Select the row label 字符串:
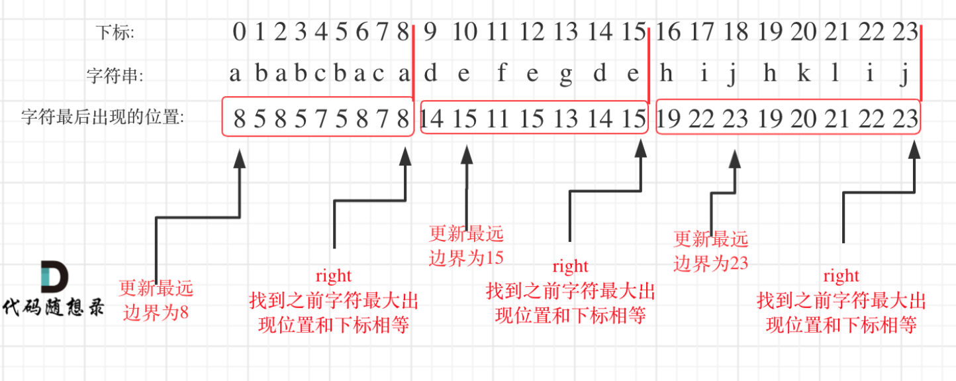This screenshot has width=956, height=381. pyautogui.click(x=115, y=75)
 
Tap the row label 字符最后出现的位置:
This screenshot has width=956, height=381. pyautogui.click(x=103, y=118)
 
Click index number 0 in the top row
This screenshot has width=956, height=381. pyautogui.click(x=239, y=32)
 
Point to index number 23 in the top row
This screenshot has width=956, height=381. pyautogui.click(x=905, y=32)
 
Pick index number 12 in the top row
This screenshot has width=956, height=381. pyautogui.click(x=532, y=32)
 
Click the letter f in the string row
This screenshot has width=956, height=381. pyautogui.click(x=502, y=74)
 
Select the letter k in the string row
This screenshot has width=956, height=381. pyautogui.click(x=803, y=74)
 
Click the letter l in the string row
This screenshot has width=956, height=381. pyautogui.click(x=836, y=74)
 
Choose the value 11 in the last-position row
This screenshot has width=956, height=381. pyautogui.click(x=499, y=119)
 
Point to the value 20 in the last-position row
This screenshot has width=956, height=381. pyautogui.click(x=804, y=119)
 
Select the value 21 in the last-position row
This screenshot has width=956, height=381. pyautogui.click(x=837, y=119)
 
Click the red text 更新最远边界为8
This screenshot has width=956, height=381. pyautogui.click(x=156, y=300)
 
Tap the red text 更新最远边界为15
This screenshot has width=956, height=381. pyautogui.click(x=466, y=246)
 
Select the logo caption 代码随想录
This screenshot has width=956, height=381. pyautogui.click(x=54, y=307)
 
